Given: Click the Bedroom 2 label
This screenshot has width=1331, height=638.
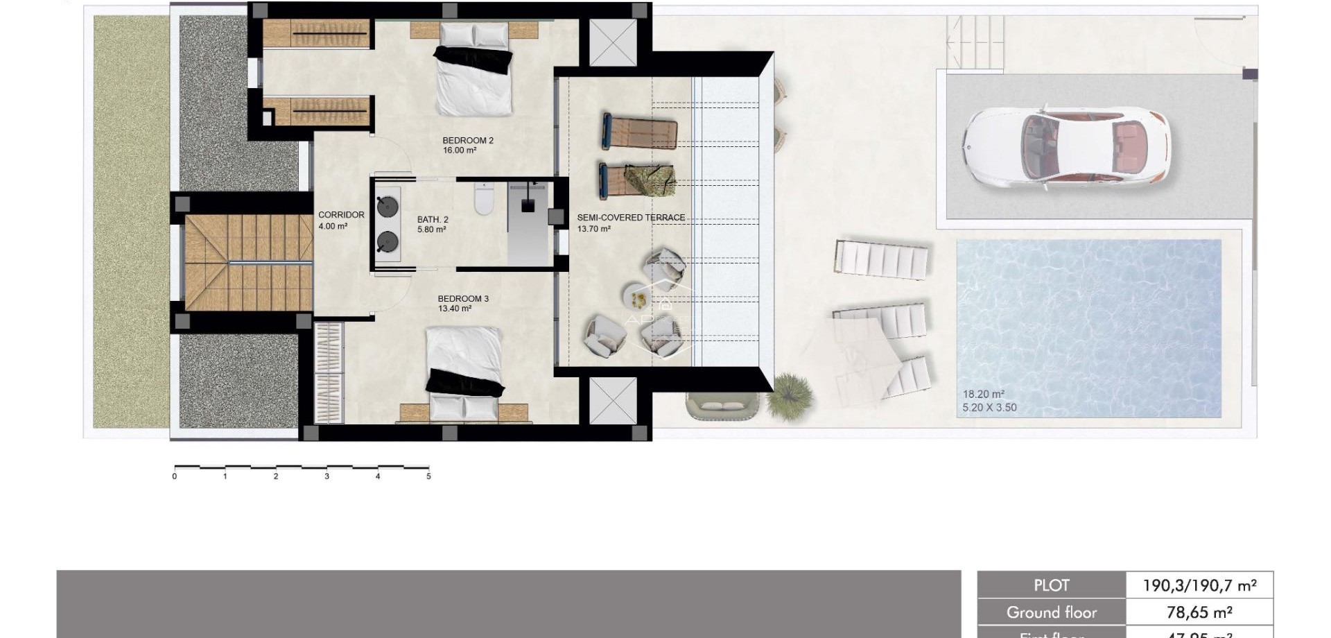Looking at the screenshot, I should [x=468, y=141].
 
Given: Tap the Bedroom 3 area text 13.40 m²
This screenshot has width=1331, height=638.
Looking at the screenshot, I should [x=455, y=309].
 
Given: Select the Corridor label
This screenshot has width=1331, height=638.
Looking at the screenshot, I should [x=341, y=215].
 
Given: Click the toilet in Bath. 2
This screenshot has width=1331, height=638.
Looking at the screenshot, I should [x=483, y=200].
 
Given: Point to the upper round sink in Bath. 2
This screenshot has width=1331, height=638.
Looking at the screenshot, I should [x=387, y=207].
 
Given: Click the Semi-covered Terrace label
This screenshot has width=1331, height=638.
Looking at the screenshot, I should [x=631, y=218].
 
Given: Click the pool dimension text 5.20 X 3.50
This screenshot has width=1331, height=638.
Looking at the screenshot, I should [x=989, y=408].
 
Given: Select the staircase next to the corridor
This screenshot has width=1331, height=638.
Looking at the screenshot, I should [x=248, y=262].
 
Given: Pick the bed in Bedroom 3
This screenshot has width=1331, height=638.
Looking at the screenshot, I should [x=464, y=371].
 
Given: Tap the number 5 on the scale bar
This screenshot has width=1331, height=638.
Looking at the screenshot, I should [x=428, y=476].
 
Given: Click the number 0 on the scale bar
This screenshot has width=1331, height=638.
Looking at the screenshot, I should [x=175, y=476].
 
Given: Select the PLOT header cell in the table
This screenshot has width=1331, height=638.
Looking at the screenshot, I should [x=1051, y=585].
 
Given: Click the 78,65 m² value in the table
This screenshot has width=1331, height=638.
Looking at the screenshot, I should [x=1199, y=612].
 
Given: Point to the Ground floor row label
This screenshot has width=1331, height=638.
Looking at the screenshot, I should [x=1051, y=612].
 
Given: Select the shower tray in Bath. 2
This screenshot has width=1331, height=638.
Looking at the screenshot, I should [x=528, y=223].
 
